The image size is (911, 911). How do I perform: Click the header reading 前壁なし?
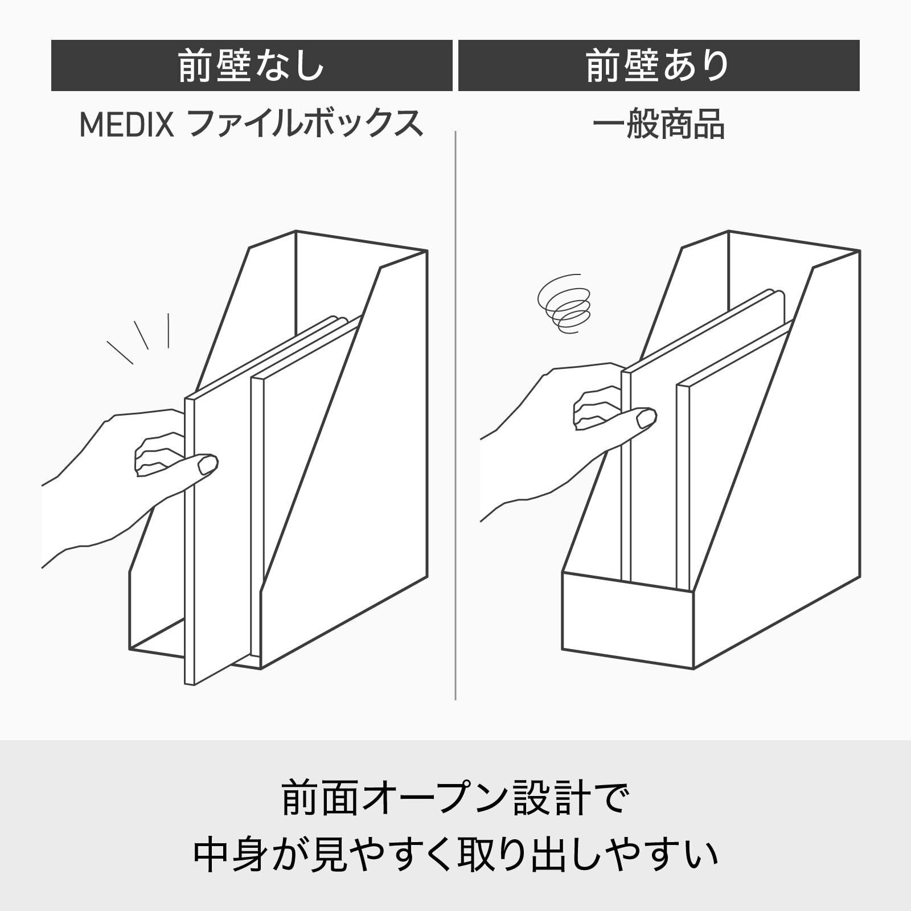tap(252, 65)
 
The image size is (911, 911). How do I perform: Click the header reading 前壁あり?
tap(659, 65)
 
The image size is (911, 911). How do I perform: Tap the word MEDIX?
tap(126, 124)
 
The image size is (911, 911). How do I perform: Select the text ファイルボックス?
tap(305, 124)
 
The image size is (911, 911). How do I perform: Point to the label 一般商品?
tap(659, 124)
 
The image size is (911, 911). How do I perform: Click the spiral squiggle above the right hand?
tap(564, 304)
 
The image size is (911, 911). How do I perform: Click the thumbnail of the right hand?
tap(646, 418)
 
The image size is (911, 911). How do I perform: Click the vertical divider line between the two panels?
tap(455, 416)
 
